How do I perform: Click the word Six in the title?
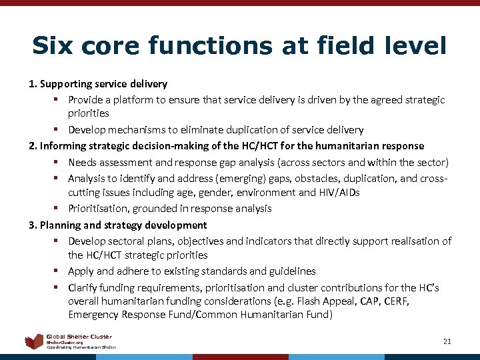53,45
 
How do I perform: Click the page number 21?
447,341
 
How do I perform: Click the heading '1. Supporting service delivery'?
98,84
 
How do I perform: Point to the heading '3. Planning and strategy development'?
118,225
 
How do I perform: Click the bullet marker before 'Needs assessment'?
58,162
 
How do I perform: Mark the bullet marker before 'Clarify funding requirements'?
58,288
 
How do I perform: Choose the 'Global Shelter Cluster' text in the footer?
79,337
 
